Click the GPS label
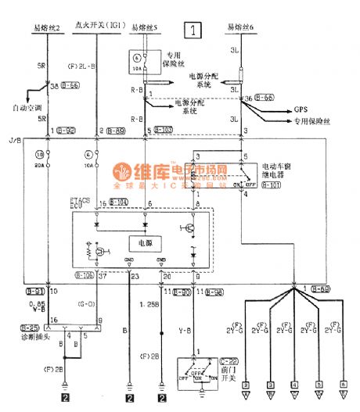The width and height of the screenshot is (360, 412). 301,109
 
